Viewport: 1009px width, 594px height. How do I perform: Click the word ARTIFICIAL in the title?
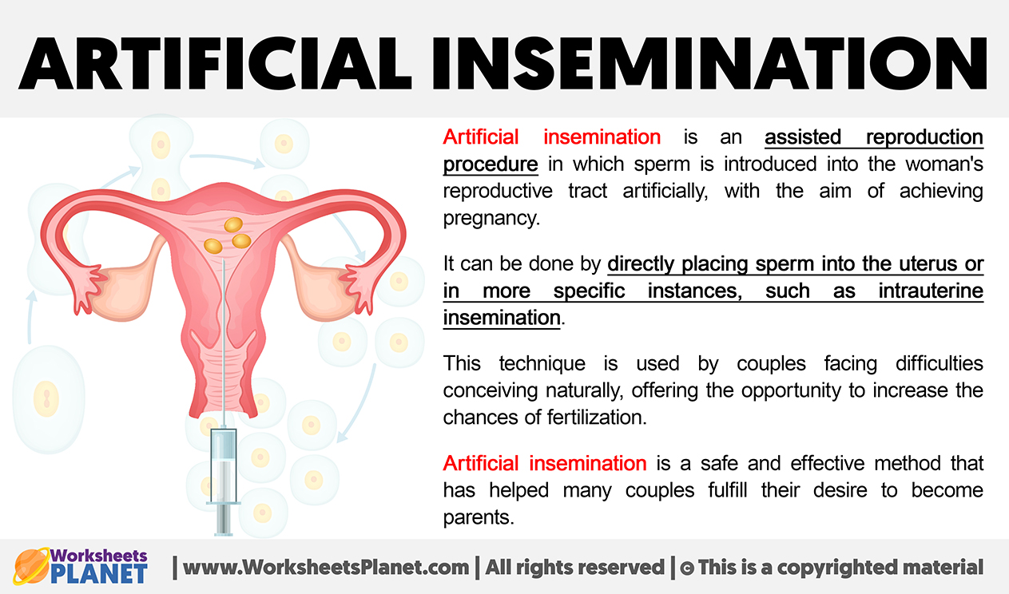(x=215, y=63)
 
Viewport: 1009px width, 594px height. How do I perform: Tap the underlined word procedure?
(x=491, y=164)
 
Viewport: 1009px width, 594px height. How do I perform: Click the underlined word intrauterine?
(x=931, y=291)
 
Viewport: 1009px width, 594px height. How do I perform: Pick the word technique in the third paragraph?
(x=542, y=363)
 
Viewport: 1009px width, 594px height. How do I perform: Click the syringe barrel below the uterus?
(x=224, y=465)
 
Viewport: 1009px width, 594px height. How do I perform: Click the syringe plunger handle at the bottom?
(x=224, y=520)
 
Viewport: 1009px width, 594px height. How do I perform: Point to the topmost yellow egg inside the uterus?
(x=233, y=224)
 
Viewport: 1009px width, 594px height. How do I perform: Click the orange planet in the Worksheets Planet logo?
(x=31, y=566)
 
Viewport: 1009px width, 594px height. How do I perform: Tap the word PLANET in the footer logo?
(x=99, y=574)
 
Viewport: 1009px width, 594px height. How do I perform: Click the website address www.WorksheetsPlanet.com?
(x=326, y=567)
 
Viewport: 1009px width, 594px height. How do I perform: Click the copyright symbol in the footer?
(x=686, y=568)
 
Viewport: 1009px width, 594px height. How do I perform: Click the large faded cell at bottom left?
(x=49, y=399)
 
